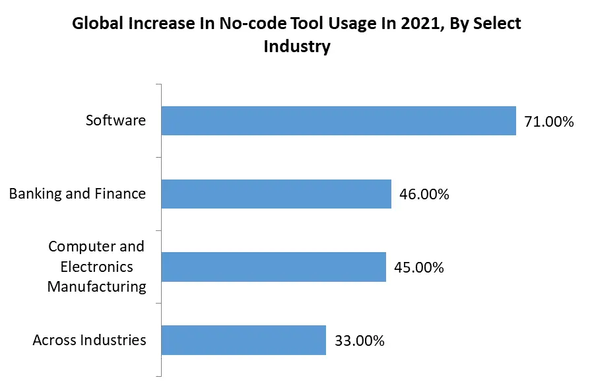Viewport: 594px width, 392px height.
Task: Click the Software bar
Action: coord(338,121)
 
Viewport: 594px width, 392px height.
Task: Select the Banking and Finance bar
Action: coord(276,194)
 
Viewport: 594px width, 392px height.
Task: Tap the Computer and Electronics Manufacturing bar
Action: coord(273,267)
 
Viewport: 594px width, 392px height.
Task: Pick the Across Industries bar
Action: coord(244,341)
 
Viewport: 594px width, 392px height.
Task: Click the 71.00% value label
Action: coord(549,121)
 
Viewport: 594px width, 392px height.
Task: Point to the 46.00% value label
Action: coord(424,195)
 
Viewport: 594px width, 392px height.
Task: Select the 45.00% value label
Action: coord(419,268)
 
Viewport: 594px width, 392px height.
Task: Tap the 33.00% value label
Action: coord(360,341)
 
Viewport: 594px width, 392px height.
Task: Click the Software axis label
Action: coord(115,121)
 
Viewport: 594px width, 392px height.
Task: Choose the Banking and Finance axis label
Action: coord(77,194)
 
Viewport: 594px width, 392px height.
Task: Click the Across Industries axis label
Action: coord(89,341)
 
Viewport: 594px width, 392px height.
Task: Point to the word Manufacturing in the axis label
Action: coord(96,286)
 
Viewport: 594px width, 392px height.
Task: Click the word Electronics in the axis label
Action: coord(96,267)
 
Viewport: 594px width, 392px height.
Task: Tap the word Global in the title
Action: coord(95,24)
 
